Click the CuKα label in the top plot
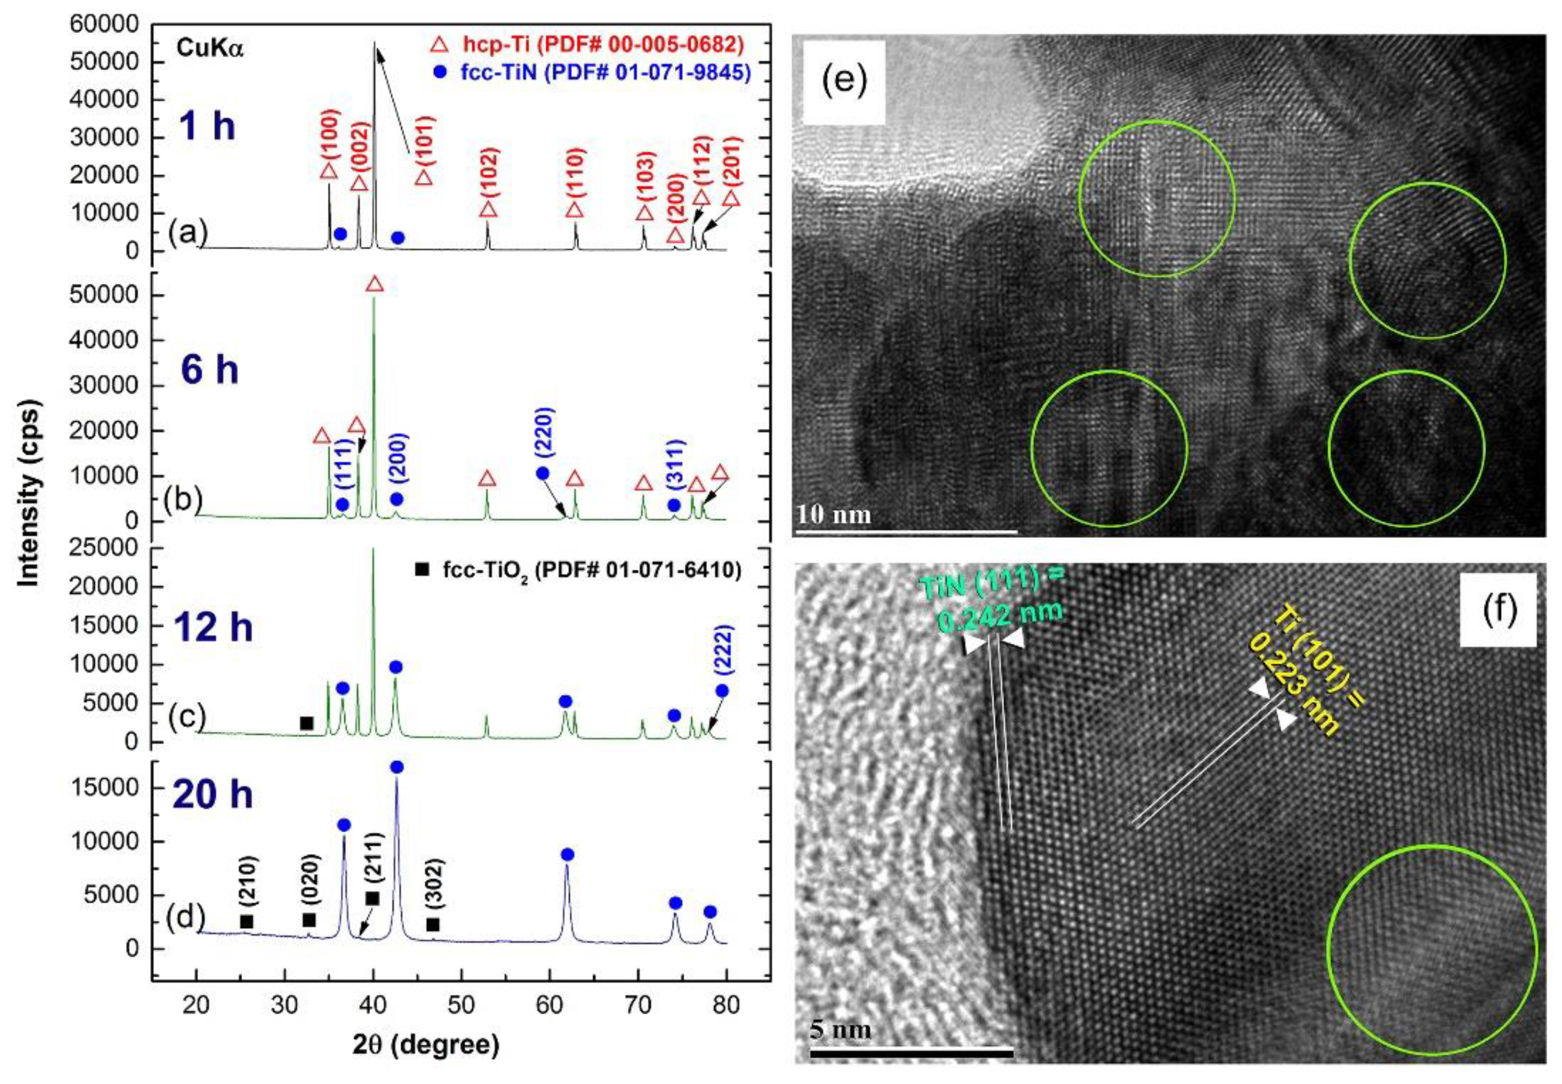pyautogui.click(x=209, y=48)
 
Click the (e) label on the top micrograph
pyautogui.click(x=844, y=81)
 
